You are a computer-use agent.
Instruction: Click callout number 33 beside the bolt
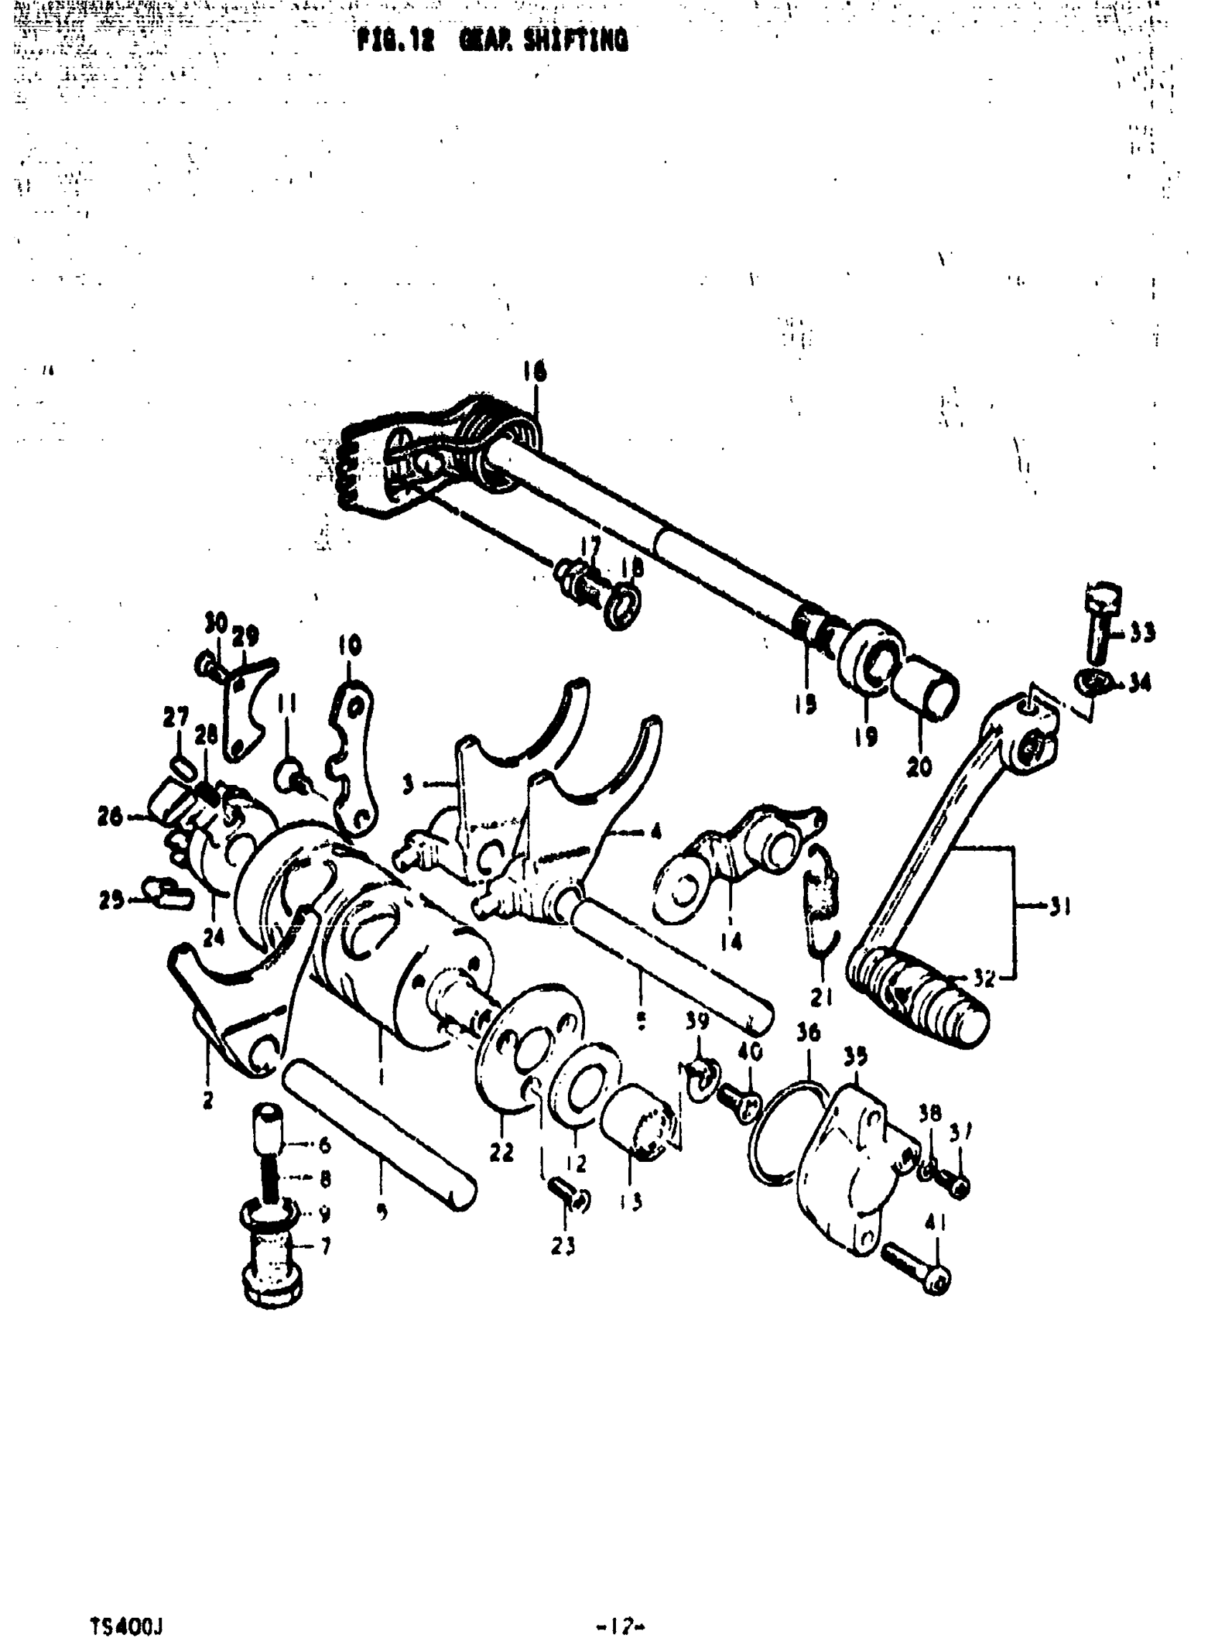(x=1142, y=632)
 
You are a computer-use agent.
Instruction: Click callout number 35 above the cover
(x=855, y=1057)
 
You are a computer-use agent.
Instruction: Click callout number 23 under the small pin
(x=562, y=1246)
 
